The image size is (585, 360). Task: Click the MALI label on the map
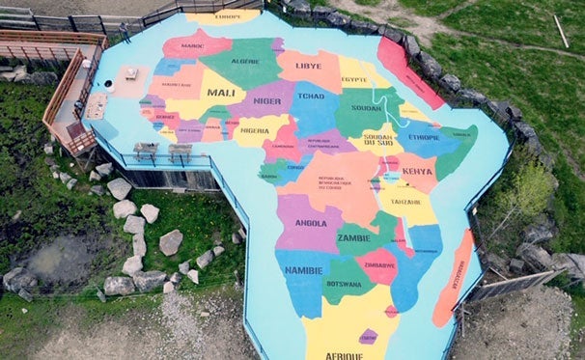click(221, 93)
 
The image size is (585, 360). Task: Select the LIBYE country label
click(309, 66)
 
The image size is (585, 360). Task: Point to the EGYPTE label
click(354, 79)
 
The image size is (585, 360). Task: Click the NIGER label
click(267, 99)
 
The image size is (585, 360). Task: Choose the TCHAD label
click(312, 96)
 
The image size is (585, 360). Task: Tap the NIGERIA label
click(254, 130)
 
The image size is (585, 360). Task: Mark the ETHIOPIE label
click(422, 137)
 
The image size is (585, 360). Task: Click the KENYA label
click(417, 171)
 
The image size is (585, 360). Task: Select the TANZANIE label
click(405, 202)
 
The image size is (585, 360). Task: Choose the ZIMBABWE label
click(379, 263)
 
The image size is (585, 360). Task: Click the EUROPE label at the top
click(228, 16)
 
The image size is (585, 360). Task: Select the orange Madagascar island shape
click(454, 280)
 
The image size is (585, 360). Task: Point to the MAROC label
click(192, 44)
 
